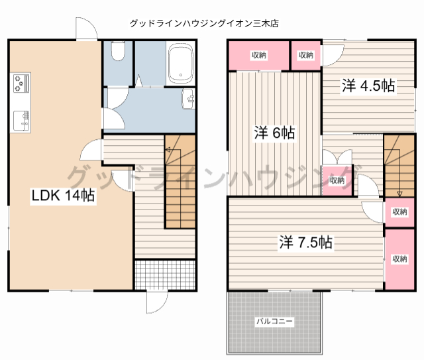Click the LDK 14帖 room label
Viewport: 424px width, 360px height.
tap(62, 196)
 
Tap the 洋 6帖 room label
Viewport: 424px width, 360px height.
tap(275, 132)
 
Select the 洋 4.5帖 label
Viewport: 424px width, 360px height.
tap(368, 86)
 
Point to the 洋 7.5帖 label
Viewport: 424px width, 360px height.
tap(305, 242)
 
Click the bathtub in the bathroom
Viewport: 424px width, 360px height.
tap(180, 64)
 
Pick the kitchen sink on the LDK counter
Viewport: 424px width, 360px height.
tap(21, 120)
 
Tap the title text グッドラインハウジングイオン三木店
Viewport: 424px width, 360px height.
tap(203, 23)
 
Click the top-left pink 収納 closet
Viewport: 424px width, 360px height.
tap(258, 56)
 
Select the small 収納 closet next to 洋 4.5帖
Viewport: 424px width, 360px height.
tap(305, 56)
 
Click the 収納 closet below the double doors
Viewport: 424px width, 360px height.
tap(337, 180)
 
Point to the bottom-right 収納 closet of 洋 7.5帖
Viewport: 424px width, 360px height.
tap(399, 259)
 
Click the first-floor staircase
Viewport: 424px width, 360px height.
tap(180, 182)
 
